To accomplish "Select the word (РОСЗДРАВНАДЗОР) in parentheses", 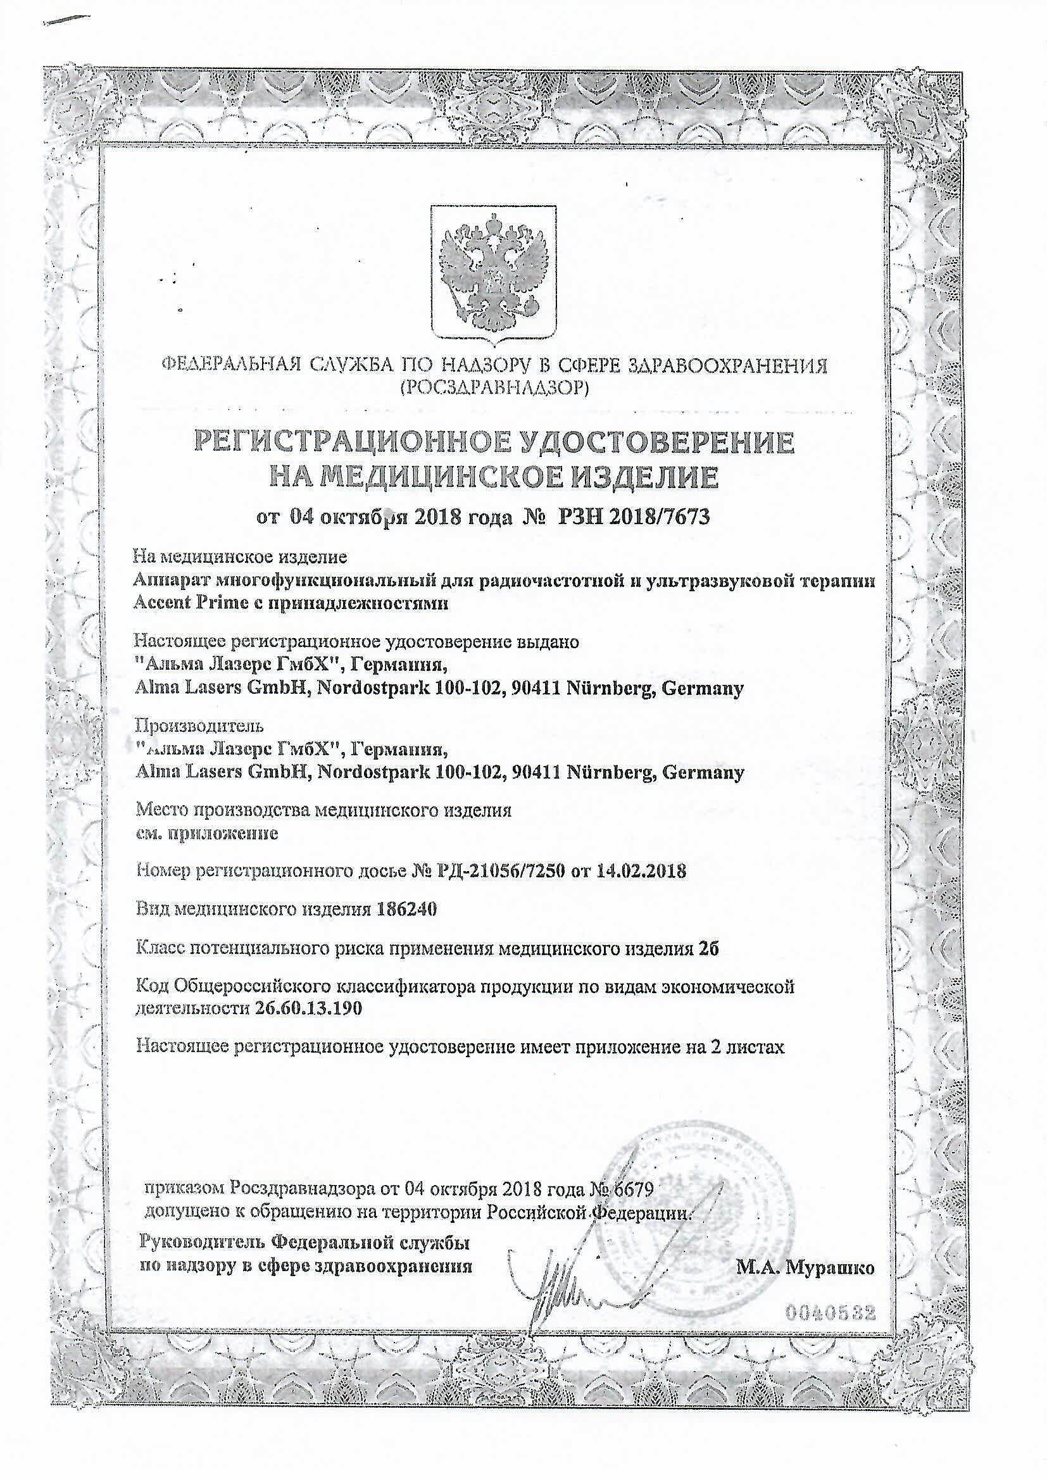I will tap(494, 387).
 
